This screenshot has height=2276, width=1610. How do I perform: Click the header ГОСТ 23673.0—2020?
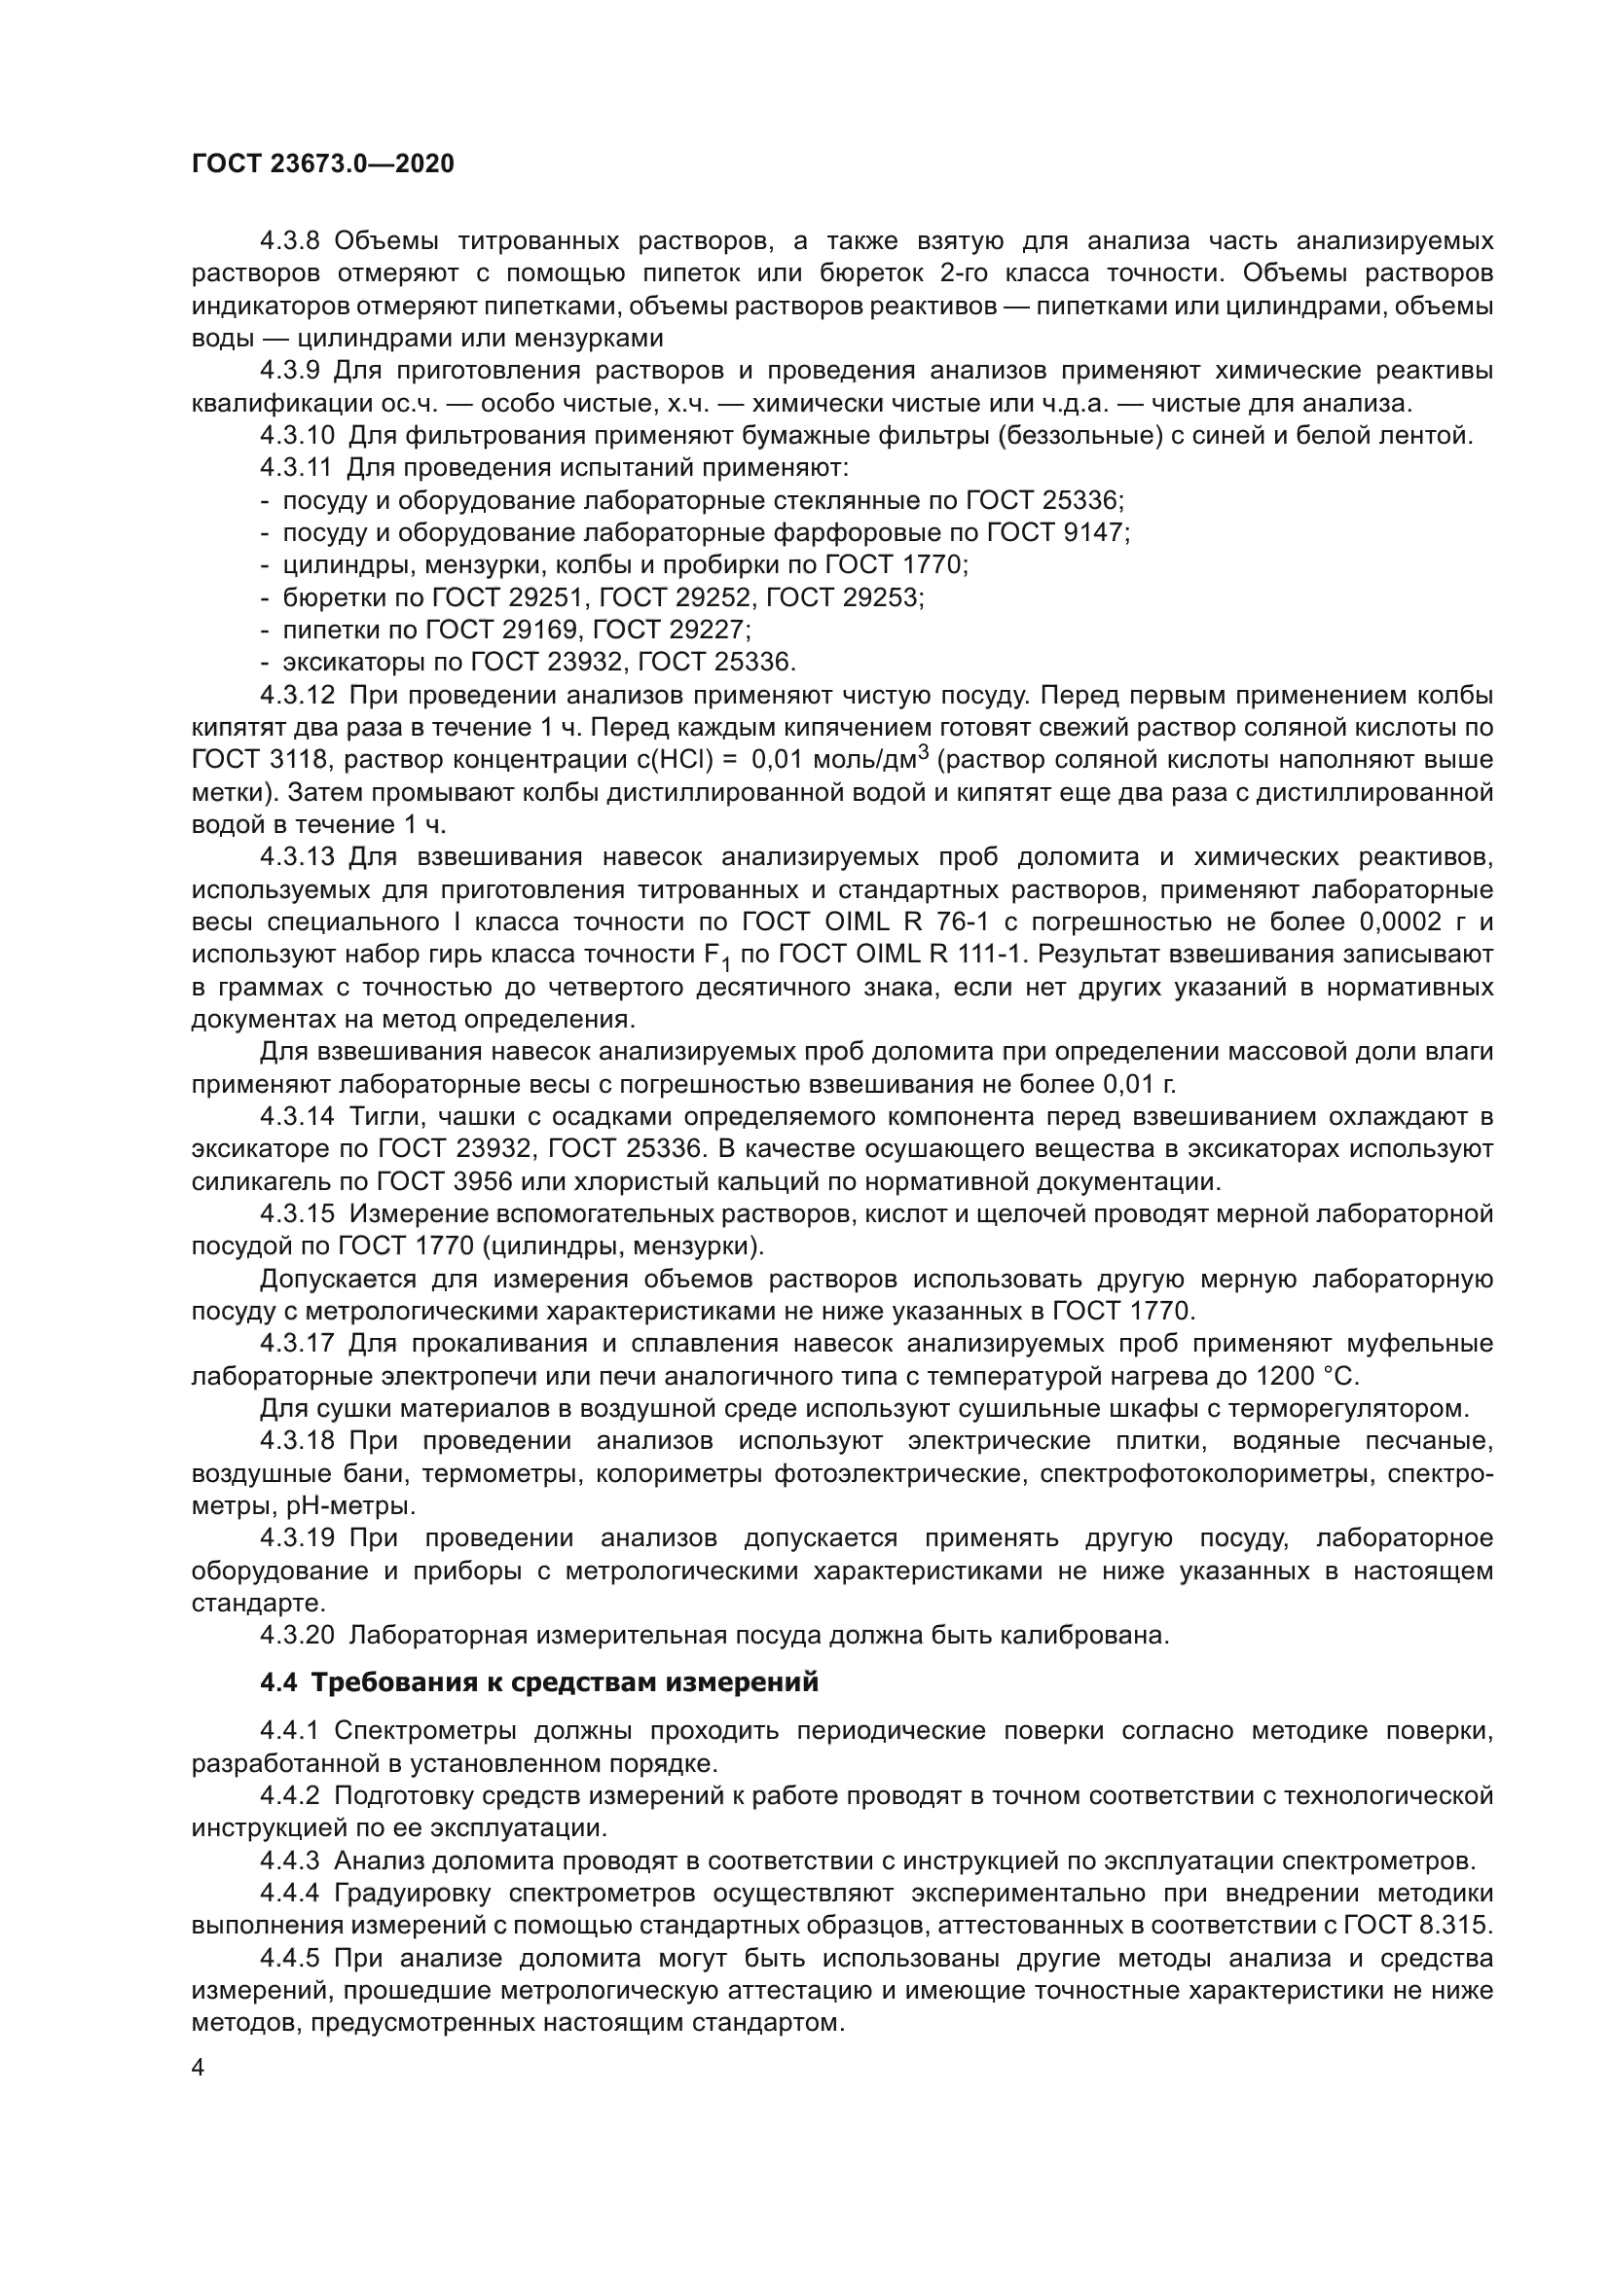tap(323, 164)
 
